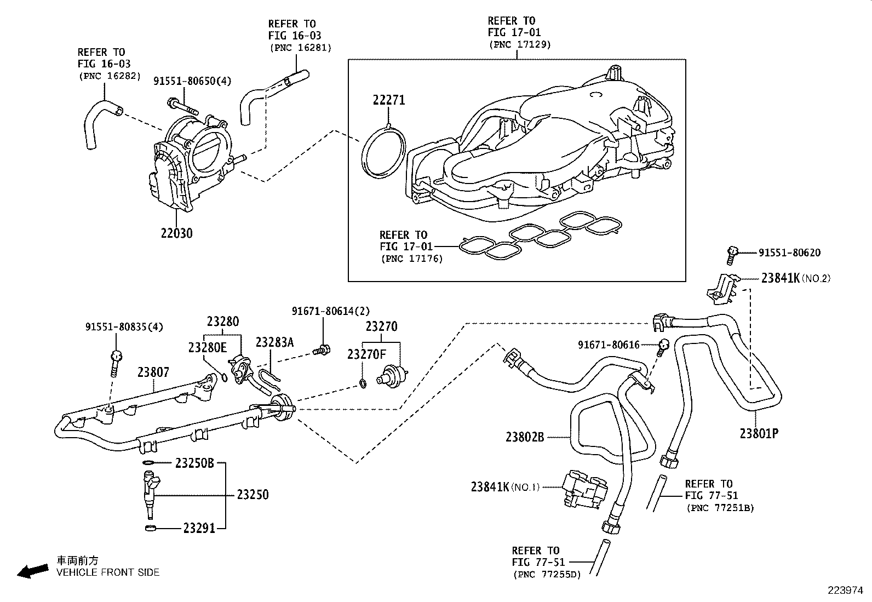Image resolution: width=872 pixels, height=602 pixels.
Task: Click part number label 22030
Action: tap(176, 233)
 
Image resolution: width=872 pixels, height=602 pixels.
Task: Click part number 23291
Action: tap(199, 528)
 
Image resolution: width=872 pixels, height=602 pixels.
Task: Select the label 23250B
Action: tap(194, 463)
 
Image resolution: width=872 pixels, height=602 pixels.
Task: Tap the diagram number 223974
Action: tap(845, 590)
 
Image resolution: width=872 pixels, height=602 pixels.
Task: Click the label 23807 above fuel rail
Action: tap(153, 372)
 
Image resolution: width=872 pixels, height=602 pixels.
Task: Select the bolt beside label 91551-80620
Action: tap(732, 253)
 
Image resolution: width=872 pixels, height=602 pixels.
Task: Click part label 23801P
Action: tap(759, 433)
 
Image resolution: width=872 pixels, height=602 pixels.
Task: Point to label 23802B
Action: tap(525, 437)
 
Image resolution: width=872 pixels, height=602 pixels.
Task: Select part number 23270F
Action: tap(366, 354)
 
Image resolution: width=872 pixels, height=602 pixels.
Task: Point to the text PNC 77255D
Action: tap(547, 574)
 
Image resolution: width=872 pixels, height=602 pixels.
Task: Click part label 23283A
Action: tap(274, 342)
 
